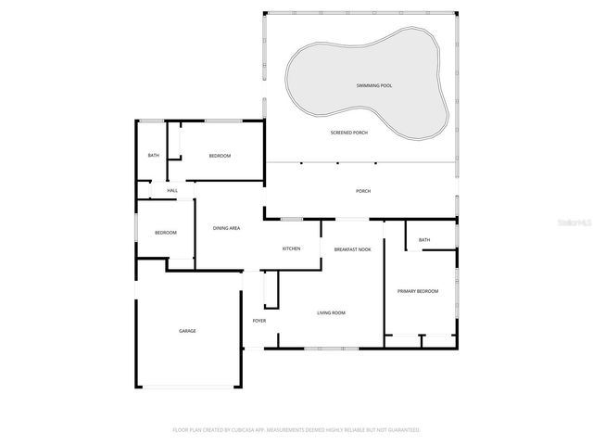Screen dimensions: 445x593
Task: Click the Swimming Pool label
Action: (x=373, y=85)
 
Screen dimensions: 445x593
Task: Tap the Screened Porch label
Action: (x=349, y=133)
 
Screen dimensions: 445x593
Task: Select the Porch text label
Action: (x=363, y=191)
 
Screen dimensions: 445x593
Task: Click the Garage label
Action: (x=187, y=331)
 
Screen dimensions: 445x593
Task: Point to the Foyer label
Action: (x=259, y=321)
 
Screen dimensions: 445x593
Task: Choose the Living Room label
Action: (x=331, y=312)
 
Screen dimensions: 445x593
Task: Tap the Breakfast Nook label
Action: (x=352, y=249)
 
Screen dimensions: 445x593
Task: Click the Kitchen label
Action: (x=291, y=248)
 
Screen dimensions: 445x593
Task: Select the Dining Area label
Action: (x=227, y=227)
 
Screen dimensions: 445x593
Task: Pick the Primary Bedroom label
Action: (x=418, y=291)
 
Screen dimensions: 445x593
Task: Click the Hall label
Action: (x=172, y=190)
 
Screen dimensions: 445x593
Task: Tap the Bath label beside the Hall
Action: (x=154, y=155)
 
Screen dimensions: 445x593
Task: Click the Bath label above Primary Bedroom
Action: (x=424, y=240)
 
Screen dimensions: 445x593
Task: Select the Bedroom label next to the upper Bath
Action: (x=220, y=155)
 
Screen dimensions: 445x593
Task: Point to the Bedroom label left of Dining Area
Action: (x=165, y=232)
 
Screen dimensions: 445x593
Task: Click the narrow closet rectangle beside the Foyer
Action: (x=271, y=289)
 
